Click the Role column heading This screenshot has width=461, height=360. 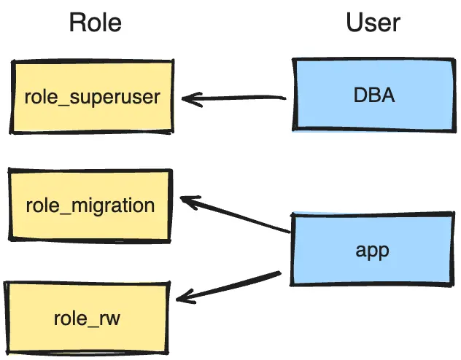point(95,23)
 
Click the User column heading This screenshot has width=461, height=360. point(373,23)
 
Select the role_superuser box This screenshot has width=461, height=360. point(93,97)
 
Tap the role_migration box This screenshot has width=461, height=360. point(90,205)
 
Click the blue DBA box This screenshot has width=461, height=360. point(373,95)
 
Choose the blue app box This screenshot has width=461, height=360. point(373,250)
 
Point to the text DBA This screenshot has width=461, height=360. point(373,95)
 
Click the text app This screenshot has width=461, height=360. point(373,250)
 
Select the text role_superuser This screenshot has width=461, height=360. point(93,97)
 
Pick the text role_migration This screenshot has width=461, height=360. point(90,205)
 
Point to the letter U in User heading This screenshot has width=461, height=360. point(354,23)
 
